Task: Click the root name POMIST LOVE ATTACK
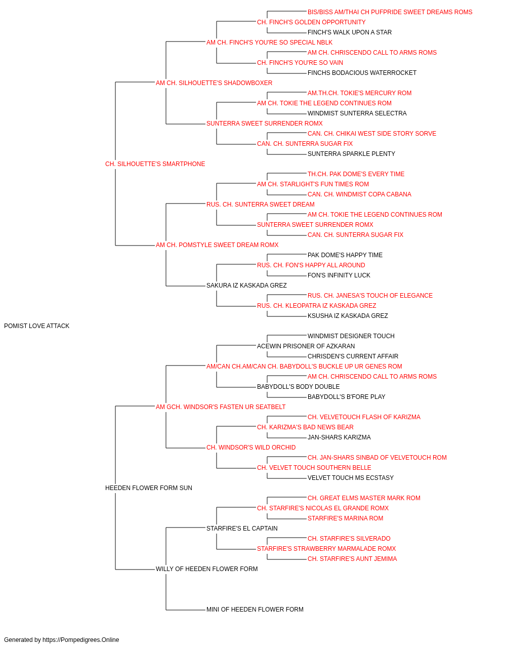(36, 326)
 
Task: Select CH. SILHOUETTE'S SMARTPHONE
(155, 164)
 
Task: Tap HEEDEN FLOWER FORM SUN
(149, 488)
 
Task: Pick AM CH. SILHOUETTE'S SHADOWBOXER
(214, 83)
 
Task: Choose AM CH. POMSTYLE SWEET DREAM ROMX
(217, 245)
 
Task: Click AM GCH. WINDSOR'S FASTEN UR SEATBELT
(221, 407)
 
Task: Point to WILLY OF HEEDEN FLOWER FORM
(207, 569)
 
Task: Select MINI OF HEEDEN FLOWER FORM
(255, 609)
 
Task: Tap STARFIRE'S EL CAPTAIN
(242, 528)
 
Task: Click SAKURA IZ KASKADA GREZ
(246, 286)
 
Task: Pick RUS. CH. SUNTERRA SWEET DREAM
(261, 204)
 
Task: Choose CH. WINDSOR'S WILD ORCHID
(251, 448)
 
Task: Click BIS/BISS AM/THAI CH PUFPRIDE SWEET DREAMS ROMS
(390, 12)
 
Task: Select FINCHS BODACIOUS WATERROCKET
(362, 73)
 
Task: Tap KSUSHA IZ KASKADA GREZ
(348, 315)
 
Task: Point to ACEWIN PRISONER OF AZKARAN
(306, 346)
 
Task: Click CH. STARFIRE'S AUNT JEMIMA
(352, 558)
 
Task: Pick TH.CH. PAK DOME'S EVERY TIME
(356, 174)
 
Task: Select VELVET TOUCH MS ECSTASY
(351, 478)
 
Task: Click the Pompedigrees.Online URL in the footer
(81, 640)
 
